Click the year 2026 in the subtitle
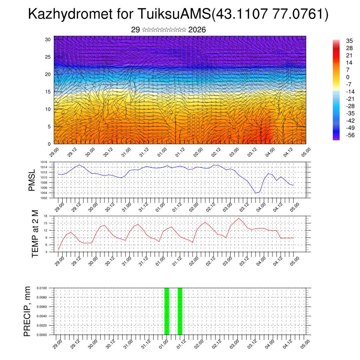click(197, 30)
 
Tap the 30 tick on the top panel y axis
click(48, 39)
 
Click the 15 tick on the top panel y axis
click(48, 92)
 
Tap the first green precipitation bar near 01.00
click(167, 311)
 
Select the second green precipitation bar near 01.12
click(180, 311)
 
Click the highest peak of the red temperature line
click(239, 218)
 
